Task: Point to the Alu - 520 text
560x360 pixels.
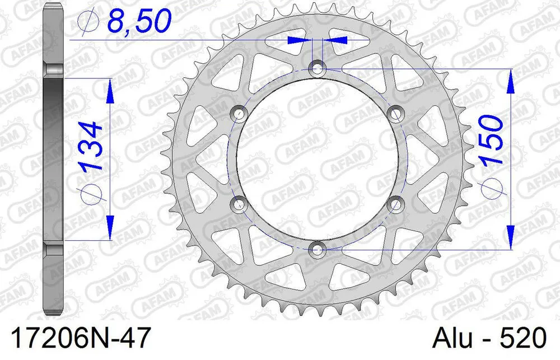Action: [491, 339]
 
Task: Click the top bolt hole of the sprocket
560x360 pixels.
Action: [317, 68]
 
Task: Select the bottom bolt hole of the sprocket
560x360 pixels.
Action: [317, 248]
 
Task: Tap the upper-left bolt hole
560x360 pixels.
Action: [240, 114]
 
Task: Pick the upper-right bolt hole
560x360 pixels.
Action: [395, 114]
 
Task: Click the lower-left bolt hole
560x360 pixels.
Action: [240, 203]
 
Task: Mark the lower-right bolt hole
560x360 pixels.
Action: [395, 203]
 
